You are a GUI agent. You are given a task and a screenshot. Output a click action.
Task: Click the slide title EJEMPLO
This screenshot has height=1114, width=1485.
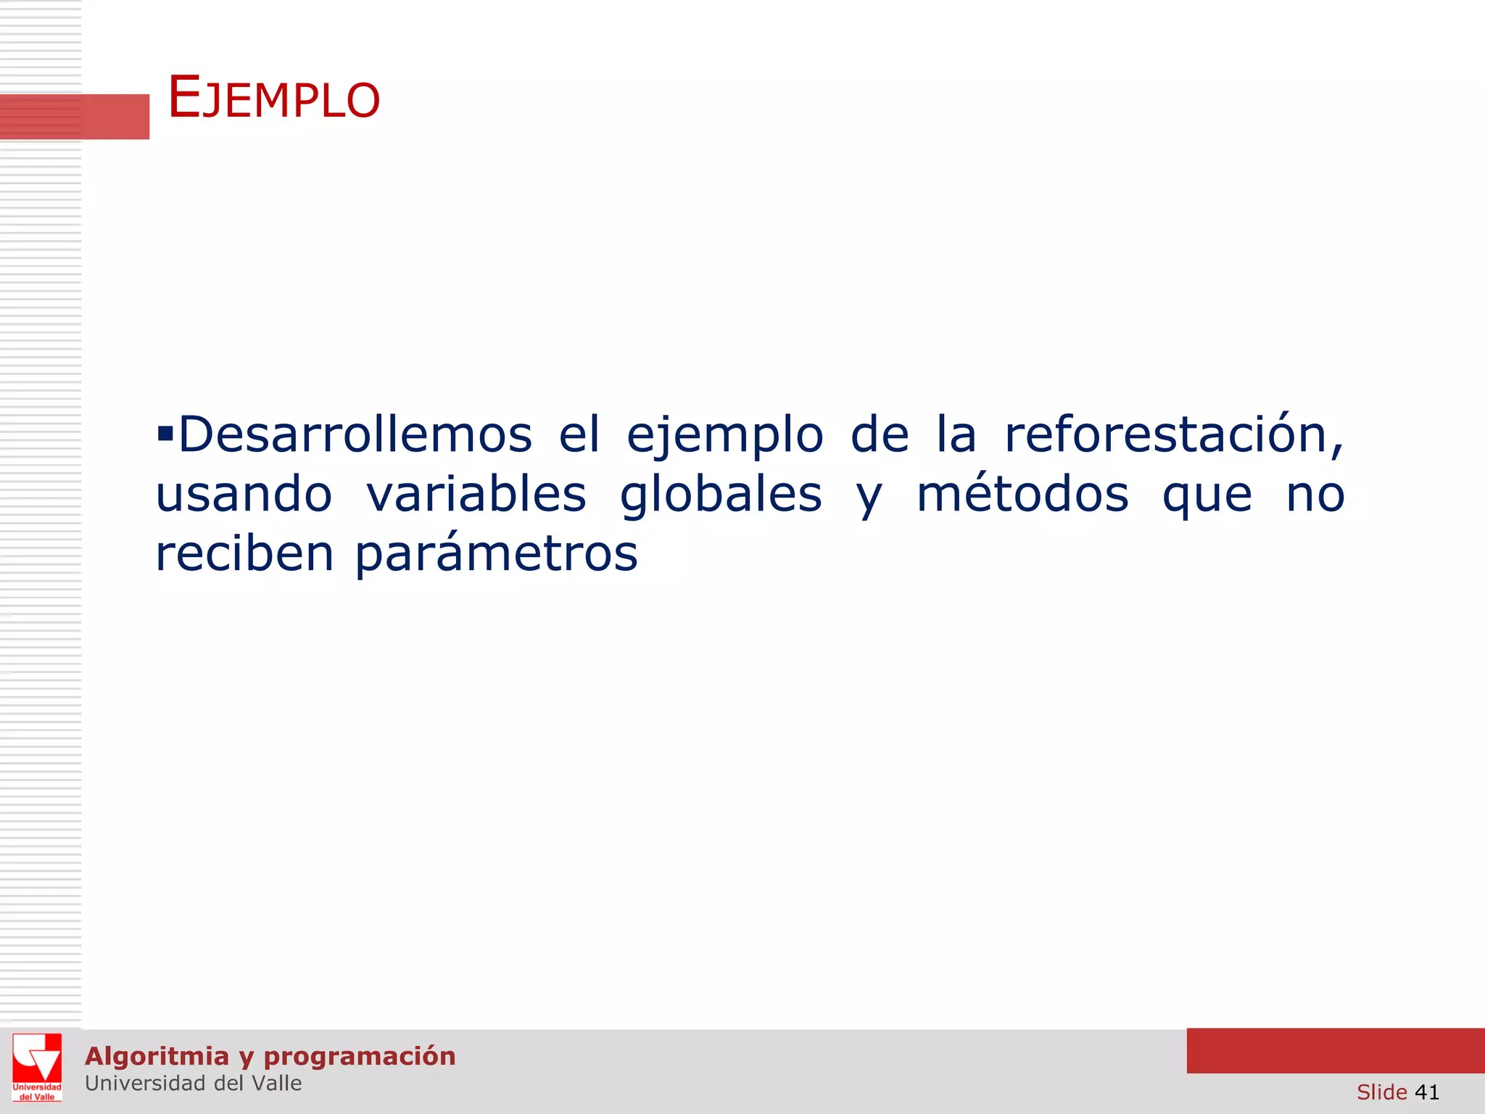273,98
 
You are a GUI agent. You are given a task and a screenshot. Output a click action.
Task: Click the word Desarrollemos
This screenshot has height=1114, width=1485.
355,435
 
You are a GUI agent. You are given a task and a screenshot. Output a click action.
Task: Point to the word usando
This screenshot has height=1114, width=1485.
244,495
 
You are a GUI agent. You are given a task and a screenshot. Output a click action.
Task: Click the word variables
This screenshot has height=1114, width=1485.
476,495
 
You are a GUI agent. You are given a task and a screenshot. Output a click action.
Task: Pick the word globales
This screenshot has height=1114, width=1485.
721,496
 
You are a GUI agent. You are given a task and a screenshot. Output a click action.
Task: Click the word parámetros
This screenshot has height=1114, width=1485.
496,555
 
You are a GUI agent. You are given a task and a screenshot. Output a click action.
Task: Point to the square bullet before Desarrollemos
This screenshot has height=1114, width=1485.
165,434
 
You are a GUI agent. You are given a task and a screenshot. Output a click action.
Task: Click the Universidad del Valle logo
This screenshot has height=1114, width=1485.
37,1067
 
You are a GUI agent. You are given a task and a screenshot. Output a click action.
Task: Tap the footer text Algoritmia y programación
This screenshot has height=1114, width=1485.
270,1056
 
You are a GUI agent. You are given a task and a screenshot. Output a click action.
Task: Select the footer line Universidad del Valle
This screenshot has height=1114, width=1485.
193,1084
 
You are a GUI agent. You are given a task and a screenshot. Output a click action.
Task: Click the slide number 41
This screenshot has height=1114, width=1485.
1426,1092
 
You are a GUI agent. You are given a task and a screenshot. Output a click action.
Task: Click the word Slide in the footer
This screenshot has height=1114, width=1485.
1381,1092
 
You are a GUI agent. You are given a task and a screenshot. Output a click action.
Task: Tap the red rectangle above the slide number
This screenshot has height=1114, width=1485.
1335,1050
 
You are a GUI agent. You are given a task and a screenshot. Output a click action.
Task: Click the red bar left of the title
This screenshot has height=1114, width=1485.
74,116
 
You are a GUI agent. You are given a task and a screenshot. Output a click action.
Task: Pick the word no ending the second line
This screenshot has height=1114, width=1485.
1315,496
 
